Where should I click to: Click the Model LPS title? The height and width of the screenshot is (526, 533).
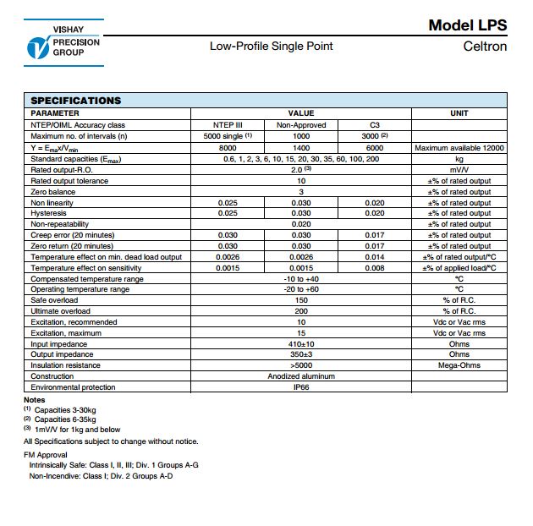tap(468, 25)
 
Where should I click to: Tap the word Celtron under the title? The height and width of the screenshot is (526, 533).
tap(485, 46)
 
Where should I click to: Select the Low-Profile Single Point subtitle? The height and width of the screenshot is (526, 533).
tap(272, 46)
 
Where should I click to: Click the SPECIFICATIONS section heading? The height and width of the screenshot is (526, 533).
tap(76, 101)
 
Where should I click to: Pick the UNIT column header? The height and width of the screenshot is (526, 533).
tap(459, 113)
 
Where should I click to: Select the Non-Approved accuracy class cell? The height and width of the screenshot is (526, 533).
tap(301, 124)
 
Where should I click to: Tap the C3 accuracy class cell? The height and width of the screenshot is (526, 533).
tap(375, 124)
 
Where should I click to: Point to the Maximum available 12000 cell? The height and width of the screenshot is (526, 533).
tap(459, 147)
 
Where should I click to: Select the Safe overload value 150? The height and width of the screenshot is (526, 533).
tap(301, 300)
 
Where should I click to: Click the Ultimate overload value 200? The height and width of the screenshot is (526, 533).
tap(301, 311)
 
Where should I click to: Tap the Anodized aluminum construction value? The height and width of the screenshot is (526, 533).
tap(301, 376)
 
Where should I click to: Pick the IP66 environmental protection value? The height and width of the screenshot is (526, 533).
tap(301, 387)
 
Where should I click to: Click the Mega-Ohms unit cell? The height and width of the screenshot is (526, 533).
tap(459, 365)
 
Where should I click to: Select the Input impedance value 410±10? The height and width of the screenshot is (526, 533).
tap(301, 344)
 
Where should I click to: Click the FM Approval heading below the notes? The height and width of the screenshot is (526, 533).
tap(47, 454)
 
